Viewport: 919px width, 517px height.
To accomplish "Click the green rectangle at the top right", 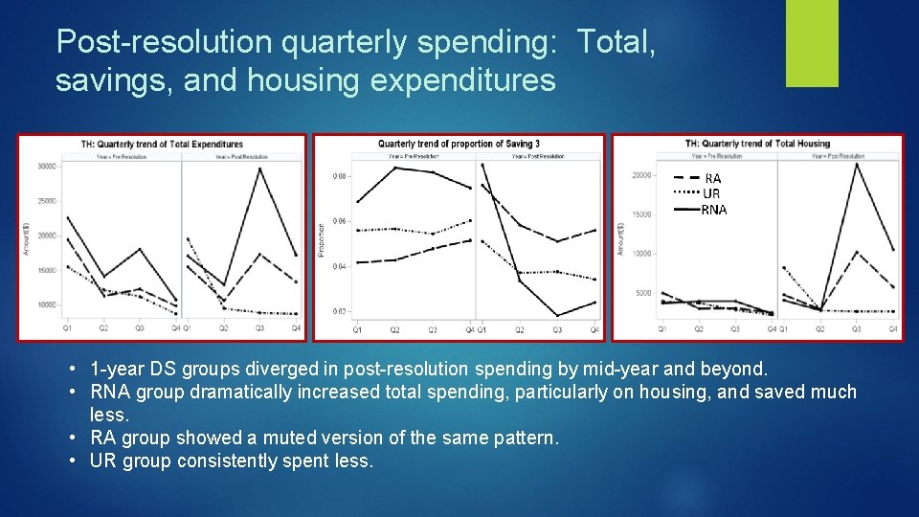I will [x=811, y=43].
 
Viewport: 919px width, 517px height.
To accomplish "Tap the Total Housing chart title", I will [x=758, y=144].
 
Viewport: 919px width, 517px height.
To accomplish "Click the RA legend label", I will [x=712, y=178].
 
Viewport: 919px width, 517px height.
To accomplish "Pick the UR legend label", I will [x=711, y=193].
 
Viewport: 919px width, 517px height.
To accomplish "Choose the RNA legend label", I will [x=714, y=210].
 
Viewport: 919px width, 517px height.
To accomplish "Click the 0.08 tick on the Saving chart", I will [x=340, y=176].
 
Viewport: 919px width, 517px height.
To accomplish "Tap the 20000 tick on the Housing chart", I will [x=641, y=175].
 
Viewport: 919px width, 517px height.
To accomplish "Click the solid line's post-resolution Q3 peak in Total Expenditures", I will [x=259, y=169].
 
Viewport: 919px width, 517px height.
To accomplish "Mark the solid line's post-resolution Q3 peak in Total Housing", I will [x=857, y=164].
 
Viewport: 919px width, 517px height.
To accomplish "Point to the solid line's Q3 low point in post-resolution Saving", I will [x=557, y=316].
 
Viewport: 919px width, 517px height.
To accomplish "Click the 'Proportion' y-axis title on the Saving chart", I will [x=322, y=239].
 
